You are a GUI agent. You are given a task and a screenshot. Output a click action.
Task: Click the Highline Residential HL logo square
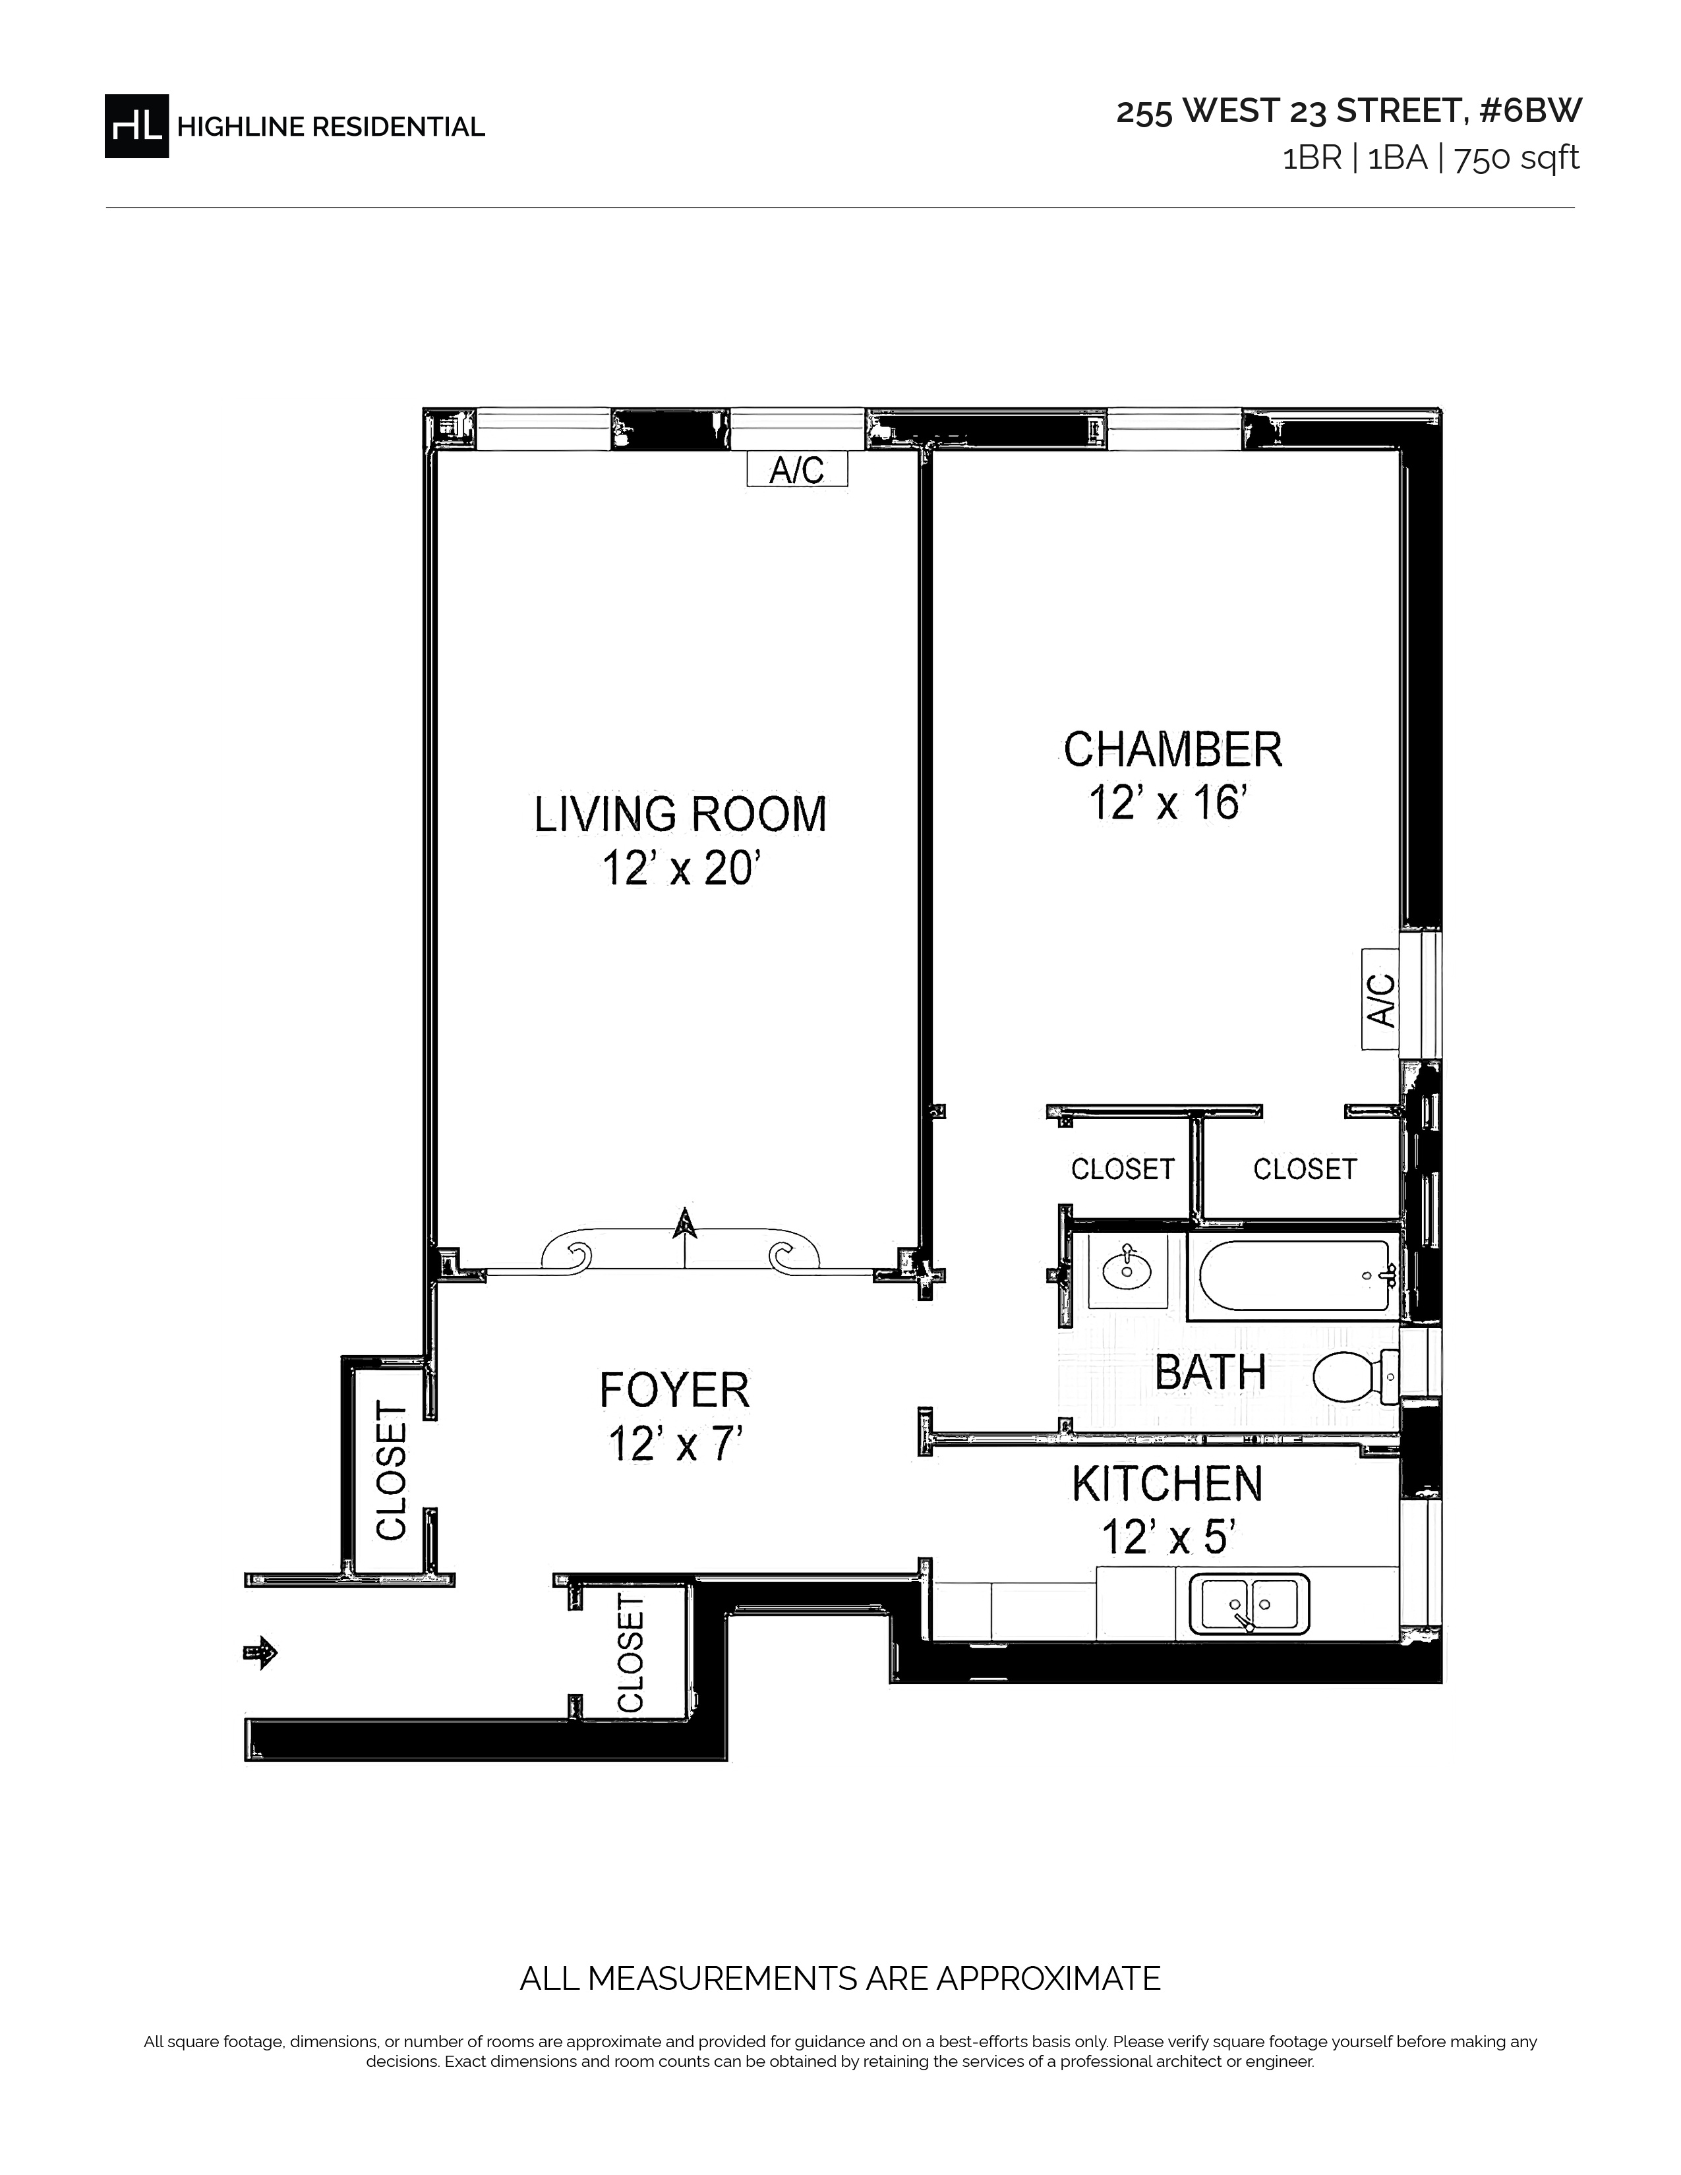[136, 125]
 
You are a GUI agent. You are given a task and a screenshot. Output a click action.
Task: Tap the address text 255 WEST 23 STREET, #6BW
[1348, 111]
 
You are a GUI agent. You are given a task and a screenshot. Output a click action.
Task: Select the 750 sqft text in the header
[1517, 158]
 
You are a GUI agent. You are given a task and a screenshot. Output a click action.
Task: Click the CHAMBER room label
[1173, 750]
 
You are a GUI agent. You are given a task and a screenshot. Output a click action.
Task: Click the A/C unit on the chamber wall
[1380, 999]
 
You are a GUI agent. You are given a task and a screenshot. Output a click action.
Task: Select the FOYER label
[674, 1390]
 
